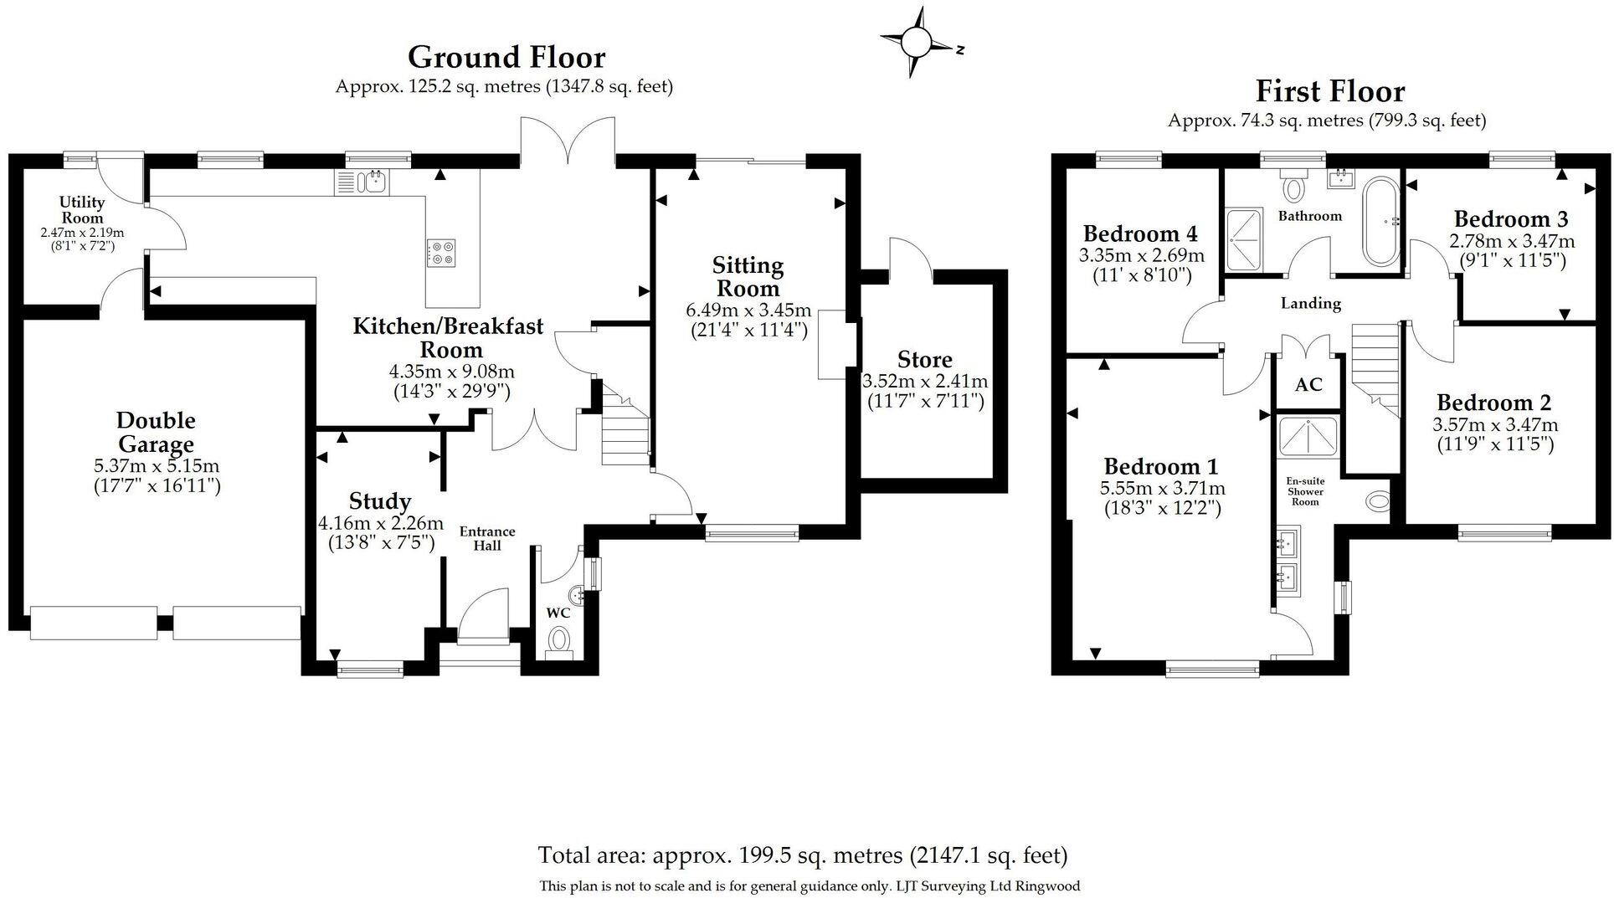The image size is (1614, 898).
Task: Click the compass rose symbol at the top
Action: [x=917, y=41]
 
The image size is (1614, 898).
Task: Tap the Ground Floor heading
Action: [x=506, y=58]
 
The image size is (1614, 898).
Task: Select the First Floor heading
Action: [x=1329, y=91]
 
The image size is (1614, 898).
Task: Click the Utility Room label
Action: [x=82, y=210]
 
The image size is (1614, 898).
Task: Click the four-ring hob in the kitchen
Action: [x=441, y=252]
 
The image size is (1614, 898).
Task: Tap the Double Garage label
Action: [x=156, y=432]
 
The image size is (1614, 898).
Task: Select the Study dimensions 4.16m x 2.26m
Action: [x=380, y=524]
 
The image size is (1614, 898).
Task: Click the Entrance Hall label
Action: [x=487, y=538]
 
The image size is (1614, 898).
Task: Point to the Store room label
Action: [x=924, y=360]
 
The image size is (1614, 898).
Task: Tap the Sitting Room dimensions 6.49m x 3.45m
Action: [x=748, y=310]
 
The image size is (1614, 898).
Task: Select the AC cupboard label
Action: [x=1308, y=384]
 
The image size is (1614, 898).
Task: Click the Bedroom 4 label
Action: [x=1140, y=233]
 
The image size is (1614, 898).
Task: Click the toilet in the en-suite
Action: [x=1377, y=501]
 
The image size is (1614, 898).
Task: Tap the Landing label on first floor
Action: [x=1310, y=303]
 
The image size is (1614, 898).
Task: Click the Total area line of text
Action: [x=803, y=855]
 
